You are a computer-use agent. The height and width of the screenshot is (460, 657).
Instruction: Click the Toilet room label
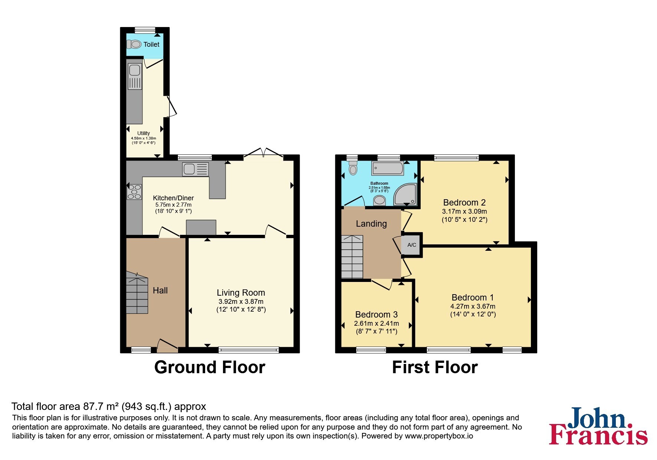(151, 45)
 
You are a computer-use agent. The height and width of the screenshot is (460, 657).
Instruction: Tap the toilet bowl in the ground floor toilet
(134, 45)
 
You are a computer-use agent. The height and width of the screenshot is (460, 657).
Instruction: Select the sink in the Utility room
(135, 76)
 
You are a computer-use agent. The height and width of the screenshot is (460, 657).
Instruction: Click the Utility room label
(144, 133)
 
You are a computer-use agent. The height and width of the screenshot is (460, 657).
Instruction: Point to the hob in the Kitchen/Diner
(134, 192)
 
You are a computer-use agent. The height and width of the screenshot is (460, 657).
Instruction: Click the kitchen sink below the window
(195, 170)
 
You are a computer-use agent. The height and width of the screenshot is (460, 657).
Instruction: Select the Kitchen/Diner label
(173, 198)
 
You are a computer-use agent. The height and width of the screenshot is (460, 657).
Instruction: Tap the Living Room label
(241, 293)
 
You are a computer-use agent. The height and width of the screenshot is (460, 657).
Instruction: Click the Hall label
(160, 290)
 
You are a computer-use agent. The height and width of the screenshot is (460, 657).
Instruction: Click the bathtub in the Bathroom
(388, 168)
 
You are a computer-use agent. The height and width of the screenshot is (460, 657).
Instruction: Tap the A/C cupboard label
(412, 245)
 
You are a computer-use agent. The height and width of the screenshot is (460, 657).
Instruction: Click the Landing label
(371, 224)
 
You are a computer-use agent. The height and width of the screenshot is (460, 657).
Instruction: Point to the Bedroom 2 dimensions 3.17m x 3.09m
(464, 211)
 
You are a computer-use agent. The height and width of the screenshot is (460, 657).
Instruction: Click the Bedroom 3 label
(376, 315)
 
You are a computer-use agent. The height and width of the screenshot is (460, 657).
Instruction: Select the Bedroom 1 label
(473, 298)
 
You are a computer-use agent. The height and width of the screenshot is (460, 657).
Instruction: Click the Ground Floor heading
(210, 367)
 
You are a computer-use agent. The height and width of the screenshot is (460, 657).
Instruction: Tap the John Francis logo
(598, 426)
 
